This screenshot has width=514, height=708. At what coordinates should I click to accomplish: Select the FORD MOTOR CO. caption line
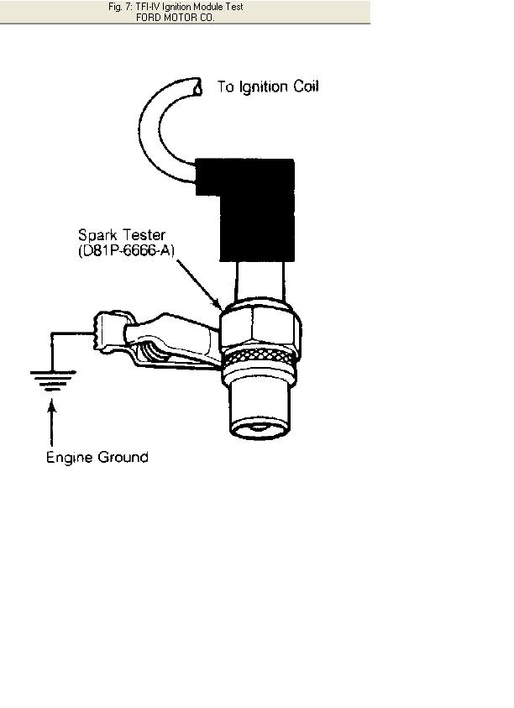[175, 18]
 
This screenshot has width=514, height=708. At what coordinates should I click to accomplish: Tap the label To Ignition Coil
[268, 87]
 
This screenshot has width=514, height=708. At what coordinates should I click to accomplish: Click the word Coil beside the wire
[307, 87]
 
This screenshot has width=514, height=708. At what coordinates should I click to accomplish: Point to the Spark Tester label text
[122, 235]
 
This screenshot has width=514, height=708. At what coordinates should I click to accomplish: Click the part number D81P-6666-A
[127, 250]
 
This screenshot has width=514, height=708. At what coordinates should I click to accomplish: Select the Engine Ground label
[97, 457]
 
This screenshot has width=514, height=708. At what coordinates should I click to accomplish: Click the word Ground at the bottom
[123, 457]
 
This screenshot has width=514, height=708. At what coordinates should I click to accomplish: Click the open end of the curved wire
[197, 87]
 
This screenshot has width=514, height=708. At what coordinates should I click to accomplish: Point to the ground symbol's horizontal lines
[53, 380]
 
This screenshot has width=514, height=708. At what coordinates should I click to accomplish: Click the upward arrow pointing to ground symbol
[52, 422]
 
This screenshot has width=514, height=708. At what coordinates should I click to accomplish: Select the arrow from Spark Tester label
[198, 285]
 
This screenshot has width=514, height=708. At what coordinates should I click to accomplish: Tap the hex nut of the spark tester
[260, 328]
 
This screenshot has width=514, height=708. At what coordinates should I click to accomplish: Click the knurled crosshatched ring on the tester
[260, 357]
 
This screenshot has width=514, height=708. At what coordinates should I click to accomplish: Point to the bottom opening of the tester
[260, 429]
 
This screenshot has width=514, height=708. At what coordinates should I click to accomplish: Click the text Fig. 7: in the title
[120, 7]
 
